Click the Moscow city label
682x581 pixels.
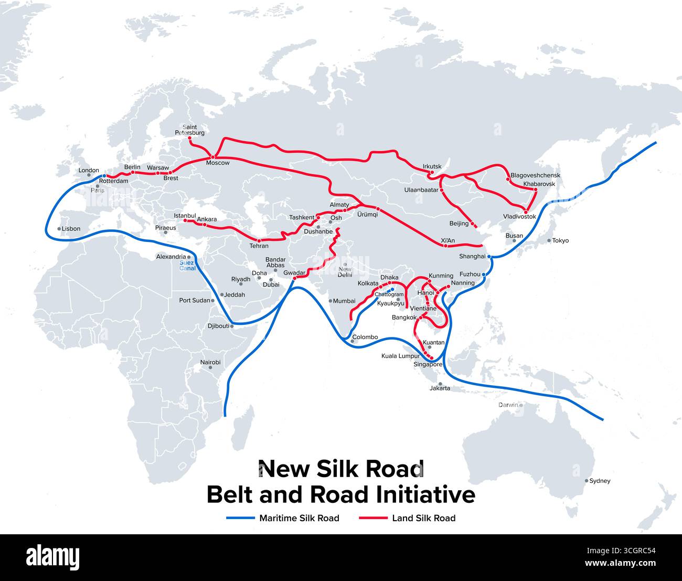coord(217,163)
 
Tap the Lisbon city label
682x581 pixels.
coord(71,229)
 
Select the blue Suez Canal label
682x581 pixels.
coord(187,266)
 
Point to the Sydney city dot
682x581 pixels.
coord(587,480)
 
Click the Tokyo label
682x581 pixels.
coord(560,240)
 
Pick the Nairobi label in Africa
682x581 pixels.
coord(210,362)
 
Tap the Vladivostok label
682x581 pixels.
coord(519,216)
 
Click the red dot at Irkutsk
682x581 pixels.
coord(431,173)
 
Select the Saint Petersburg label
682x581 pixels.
coord(190,130)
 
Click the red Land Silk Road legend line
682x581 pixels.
coord(373,518)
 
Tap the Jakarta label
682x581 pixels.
coord(440,388)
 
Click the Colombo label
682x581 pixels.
coord(365,337)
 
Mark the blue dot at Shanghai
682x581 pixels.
coord(488,257)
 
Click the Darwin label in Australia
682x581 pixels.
coord(508,405)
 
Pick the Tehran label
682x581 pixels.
coord(259,246)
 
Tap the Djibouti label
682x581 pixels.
coord(218,326)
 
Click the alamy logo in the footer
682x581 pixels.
coord(52,557)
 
